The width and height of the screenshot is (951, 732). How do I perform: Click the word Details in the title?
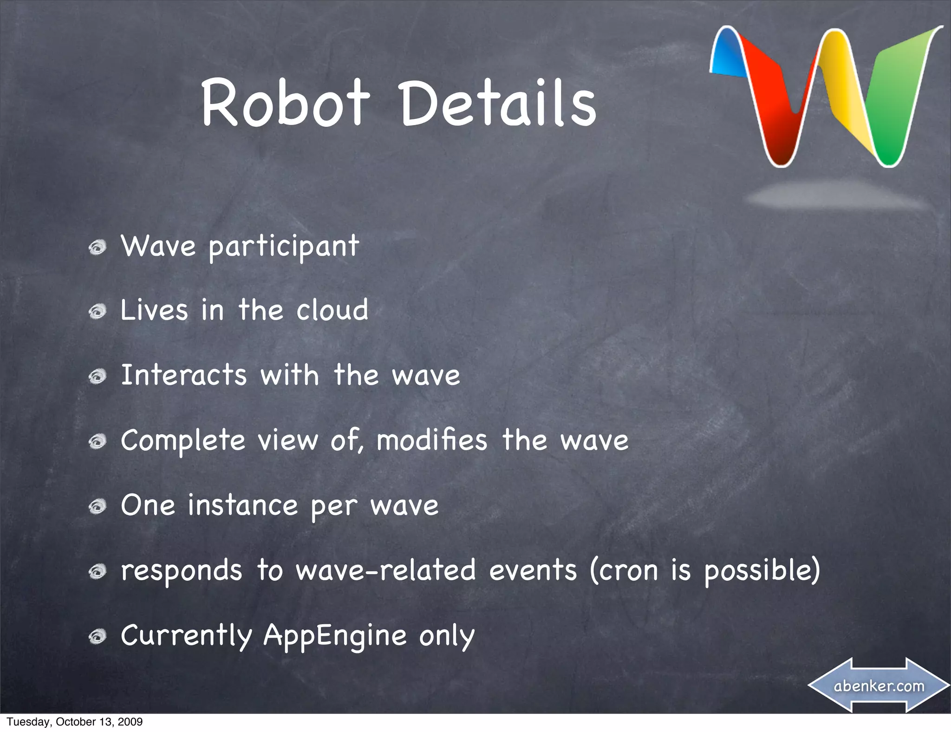click(x=498, y=103)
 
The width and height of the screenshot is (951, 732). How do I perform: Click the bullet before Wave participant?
click(x=98, y=247)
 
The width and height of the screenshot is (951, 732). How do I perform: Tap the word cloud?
click(x=332, y=310)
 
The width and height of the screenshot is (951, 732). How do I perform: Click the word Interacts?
click(x=183, y=375)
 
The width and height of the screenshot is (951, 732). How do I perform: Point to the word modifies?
click(x=432, y=440)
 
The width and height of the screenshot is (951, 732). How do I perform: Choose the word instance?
click(x=242, y=505)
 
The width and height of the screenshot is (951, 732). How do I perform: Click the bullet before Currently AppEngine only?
click(x=98, y=637)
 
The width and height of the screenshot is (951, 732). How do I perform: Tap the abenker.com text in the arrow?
click(x=879, y=686)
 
